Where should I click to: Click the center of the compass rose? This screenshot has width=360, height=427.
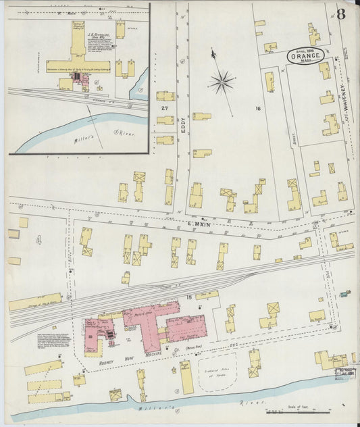221,82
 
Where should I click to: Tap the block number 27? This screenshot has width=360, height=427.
164,108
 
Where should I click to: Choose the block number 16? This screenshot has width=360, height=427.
258,108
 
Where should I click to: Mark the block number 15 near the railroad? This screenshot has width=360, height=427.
189,297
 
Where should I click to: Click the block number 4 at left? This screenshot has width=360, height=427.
38,239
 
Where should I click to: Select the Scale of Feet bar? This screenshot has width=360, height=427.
297,410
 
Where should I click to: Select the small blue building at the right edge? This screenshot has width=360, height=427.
345,294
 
